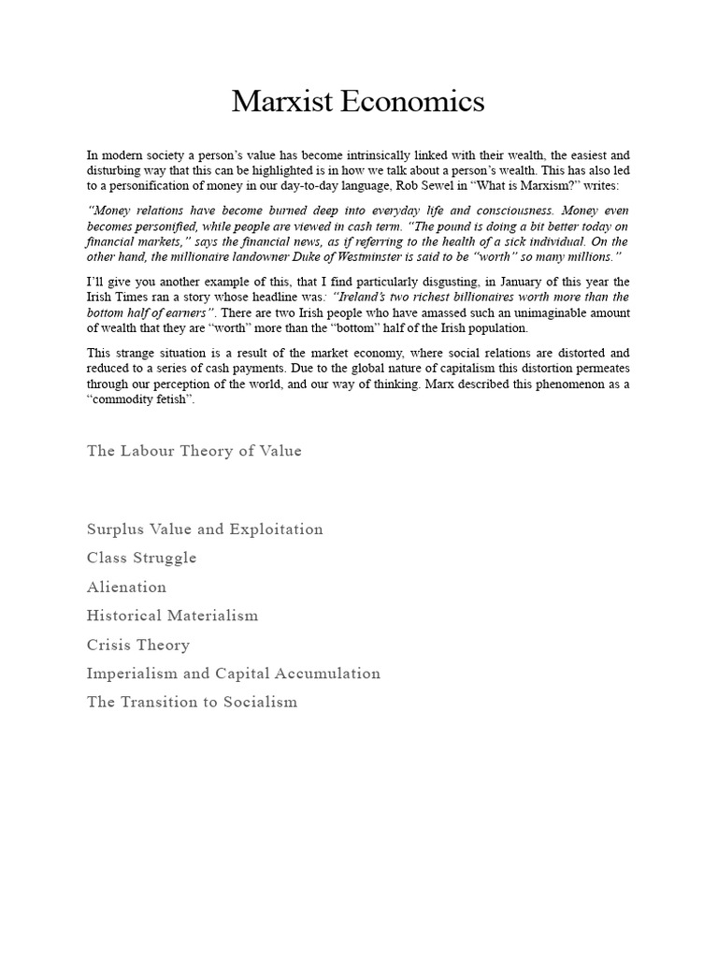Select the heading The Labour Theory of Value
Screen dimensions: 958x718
click(x=194, y=451)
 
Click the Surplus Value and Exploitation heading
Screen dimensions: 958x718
click(x=205, y=530)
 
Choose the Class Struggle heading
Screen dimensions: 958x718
click(x=141, y=559)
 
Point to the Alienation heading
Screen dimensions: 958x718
click(x=126, y=588)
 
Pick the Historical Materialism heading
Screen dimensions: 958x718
click(x=172, y=617)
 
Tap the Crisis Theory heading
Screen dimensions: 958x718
click(x=138, y=646)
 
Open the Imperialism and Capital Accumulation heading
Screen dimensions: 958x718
click(x=234, y=674)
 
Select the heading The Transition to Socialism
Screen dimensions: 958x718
click(x=192, y=703)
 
